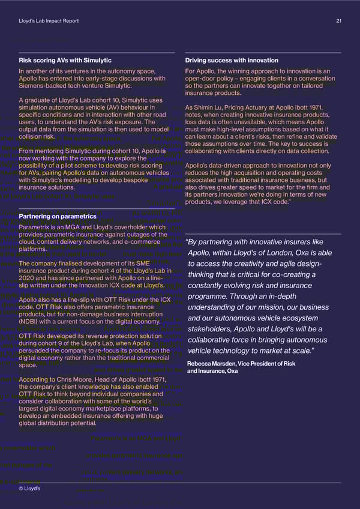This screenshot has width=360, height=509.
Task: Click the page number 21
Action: click(339, 22)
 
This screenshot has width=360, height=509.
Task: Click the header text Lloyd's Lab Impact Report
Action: click(49, 22)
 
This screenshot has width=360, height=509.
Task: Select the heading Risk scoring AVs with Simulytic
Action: click(65, 61)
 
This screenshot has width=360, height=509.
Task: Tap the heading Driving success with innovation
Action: click(232, 61)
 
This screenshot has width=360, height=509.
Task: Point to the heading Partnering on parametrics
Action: click(58, 216)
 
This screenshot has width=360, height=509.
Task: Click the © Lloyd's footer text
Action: click(29, 489)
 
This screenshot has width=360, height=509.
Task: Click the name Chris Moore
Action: click(75, 379)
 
